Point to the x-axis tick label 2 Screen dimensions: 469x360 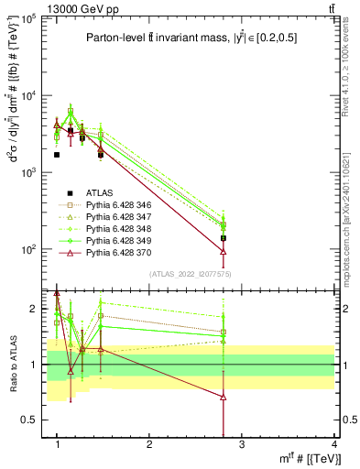(149, 444)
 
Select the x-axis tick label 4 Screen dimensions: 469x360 (334, 444)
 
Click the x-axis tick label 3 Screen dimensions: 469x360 (242, 444)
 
